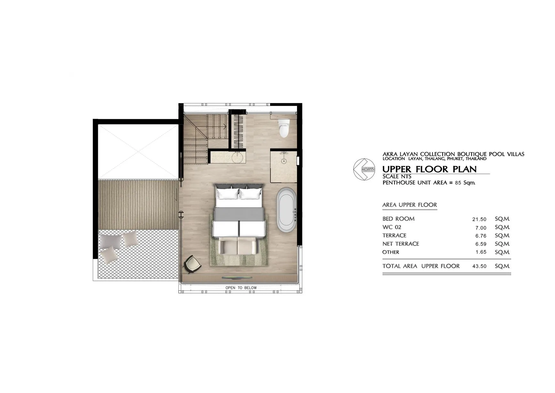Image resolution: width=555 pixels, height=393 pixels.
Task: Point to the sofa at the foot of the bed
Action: [238, 246]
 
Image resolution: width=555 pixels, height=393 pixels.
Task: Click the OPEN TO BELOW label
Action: [241, 288]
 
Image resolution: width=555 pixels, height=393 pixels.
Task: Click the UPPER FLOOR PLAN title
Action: [429, 169]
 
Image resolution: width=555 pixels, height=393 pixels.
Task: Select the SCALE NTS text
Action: [397, 176]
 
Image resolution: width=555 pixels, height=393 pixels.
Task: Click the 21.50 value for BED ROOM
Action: [479, 219]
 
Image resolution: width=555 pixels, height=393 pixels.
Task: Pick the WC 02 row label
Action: [392, 227]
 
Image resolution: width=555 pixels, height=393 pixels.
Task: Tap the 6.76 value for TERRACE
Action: [481, 236]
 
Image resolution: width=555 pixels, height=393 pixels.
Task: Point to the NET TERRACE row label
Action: [401, 244]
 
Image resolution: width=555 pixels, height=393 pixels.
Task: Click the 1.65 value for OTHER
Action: [481, 252]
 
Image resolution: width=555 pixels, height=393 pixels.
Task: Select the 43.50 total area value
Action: [479, 266]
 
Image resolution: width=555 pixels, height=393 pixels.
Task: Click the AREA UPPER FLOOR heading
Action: [410, 205]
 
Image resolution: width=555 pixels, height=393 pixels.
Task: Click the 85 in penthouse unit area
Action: [458, 183]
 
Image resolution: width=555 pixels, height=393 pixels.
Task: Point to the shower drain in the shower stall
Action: [283, 161]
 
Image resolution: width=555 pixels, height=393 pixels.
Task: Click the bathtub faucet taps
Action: [295, 214]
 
